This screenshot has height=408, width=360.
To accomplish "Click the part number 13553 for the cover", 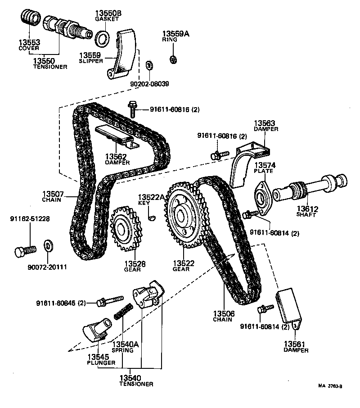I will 29,43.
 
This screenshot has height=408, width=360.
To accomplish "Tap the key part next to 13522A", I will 152,218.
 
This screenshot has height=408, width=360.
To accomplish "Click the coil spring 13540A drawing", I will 123,311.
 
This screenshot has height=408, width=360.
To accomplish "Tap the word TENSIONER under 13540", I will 136,384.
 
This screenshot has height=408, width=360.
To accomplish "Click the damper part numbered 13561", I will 289,306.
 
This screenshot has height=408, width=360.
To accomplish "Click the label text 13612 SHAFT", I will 307,211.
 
